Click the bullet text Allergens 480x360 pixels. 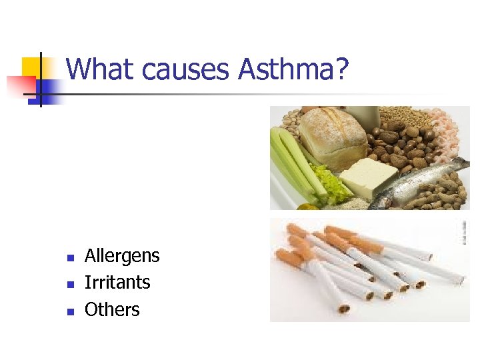coord(122,256)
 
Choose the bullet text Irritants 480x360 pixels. coord(117,283)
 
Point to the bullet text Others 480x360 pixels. coord(112,309)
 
